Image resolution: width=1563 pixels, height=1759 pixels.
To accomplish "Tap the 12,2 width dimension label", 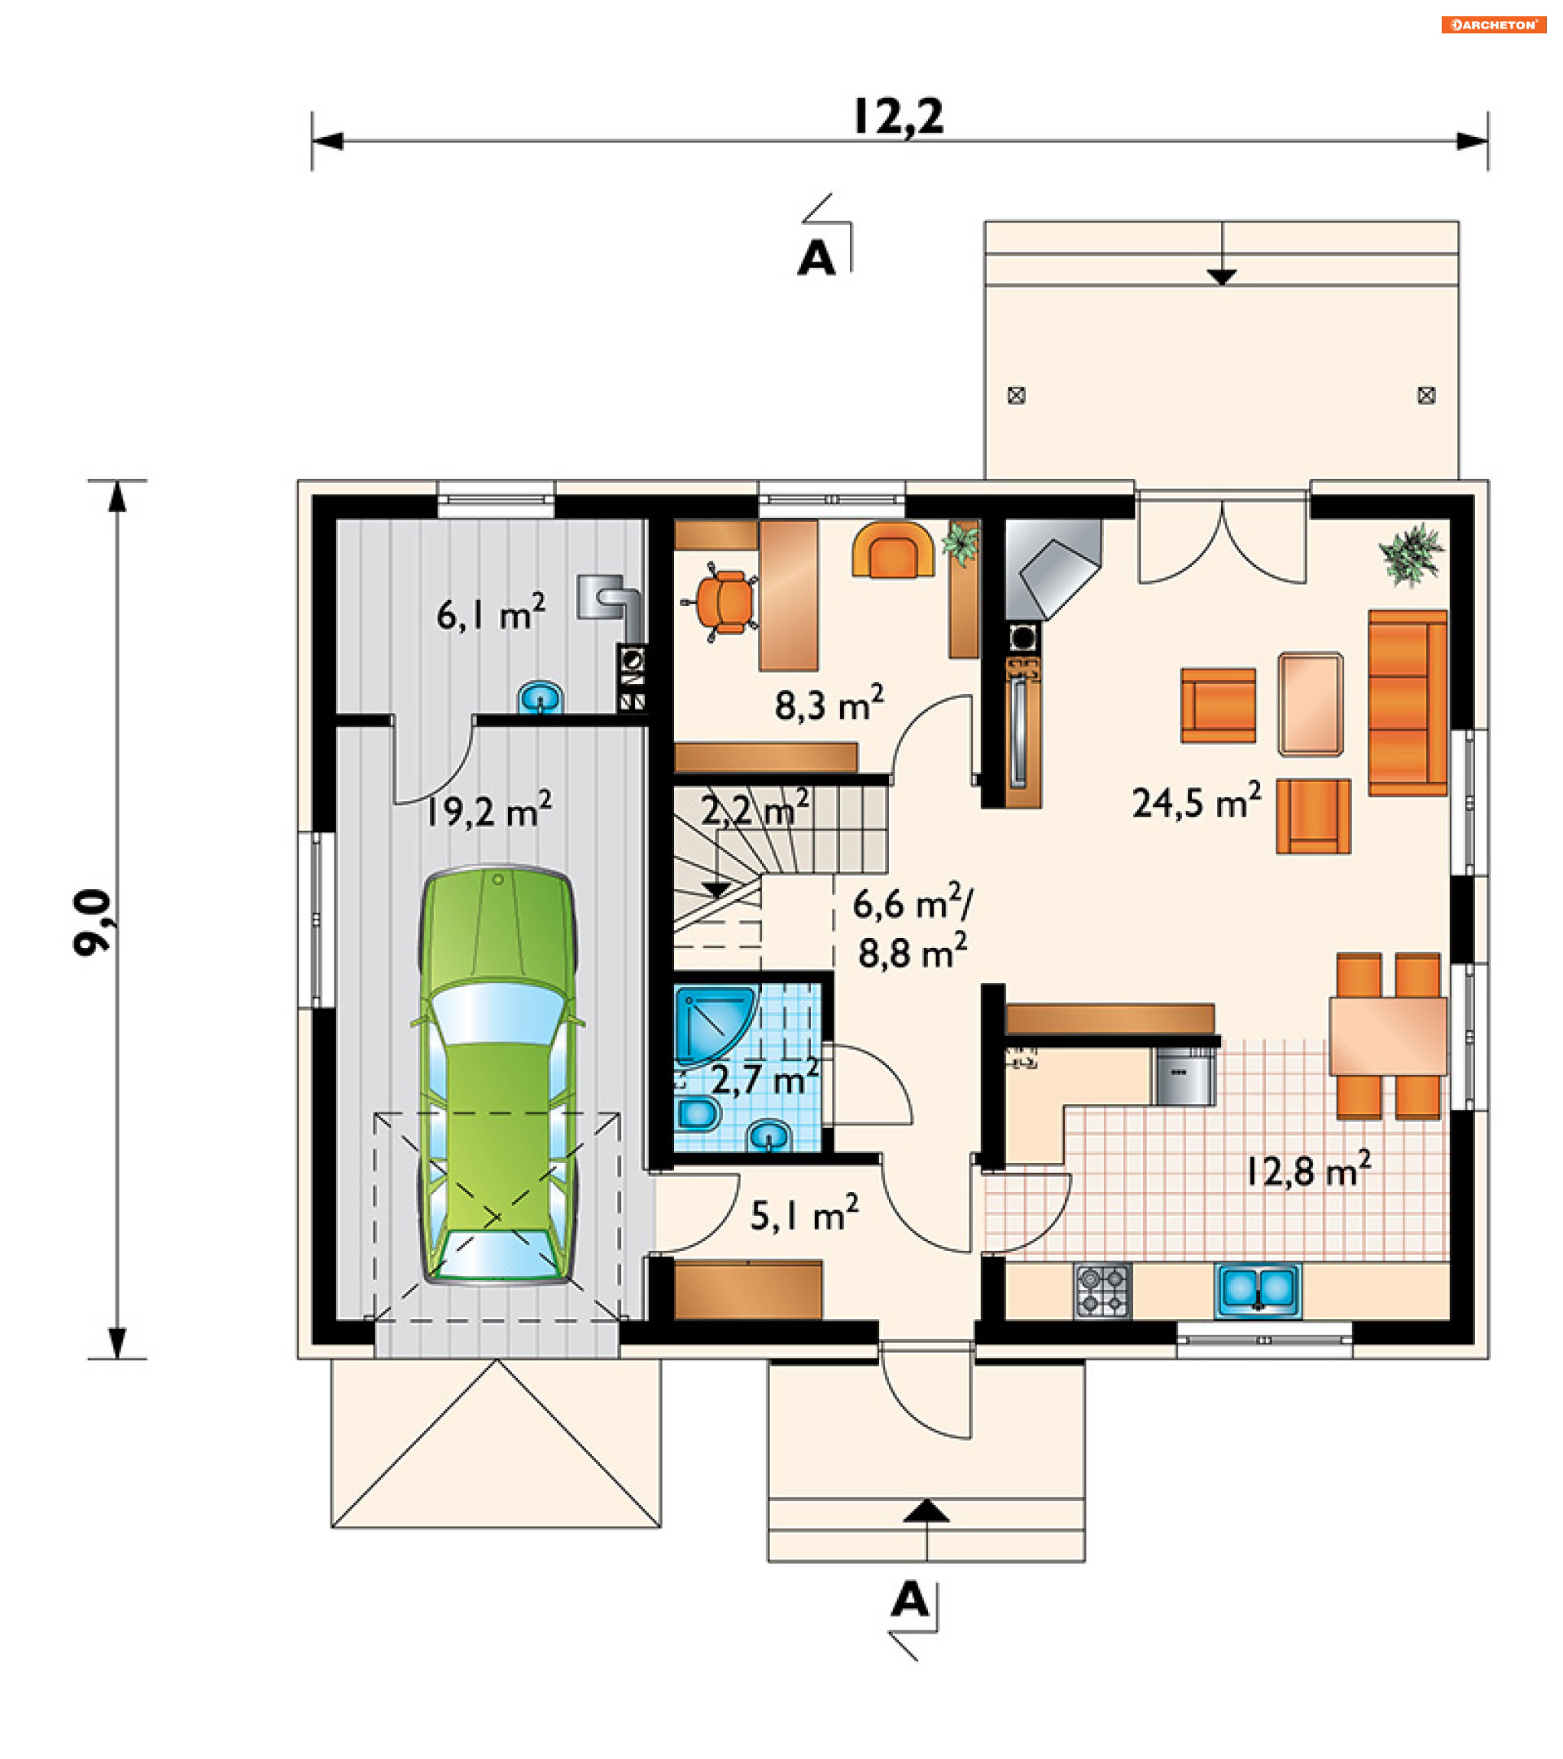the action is (899, 116).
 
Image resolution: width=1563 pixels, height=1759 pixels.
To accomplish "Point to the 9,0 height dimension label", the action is (92, 922).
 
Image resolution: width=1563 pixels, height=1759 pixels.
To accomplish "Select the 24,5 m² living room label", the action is (1197, 801).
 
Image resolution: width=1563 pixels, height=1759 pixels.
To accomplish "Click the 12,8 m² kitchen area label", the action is (1309, 1169).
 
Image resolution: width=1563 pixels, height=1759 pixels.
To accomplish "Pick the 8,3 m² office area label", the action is (830, 703).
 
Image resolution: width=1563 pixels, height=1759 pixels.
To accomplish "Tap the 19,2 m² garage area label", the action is (488, 809).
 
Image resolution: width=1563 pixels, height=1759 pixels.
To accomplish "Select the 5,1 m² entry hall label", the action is (804, 1213).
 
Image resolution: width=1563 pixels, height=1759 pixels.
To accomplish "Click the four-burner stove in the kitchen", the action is (1102, 1290).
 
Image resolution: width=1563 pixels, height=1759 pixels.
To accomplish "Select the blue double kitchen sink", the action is (1258, 1290).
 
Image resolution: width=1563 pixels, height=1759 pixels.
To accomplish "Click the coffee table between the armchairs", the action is (1310, 704).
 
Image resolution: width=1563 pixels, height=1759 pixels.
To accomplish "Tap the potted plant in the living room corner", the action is (1411, 555).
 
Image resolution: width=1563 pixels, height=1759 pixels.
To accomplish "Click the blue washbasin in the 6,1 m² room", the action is (541, 697).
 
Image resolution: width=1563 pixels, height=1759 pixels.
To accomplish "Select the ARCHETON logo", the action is (1493, 24).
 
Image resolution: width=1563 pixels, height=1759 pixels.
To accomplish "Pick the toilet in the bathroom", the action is (698, 1114).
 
